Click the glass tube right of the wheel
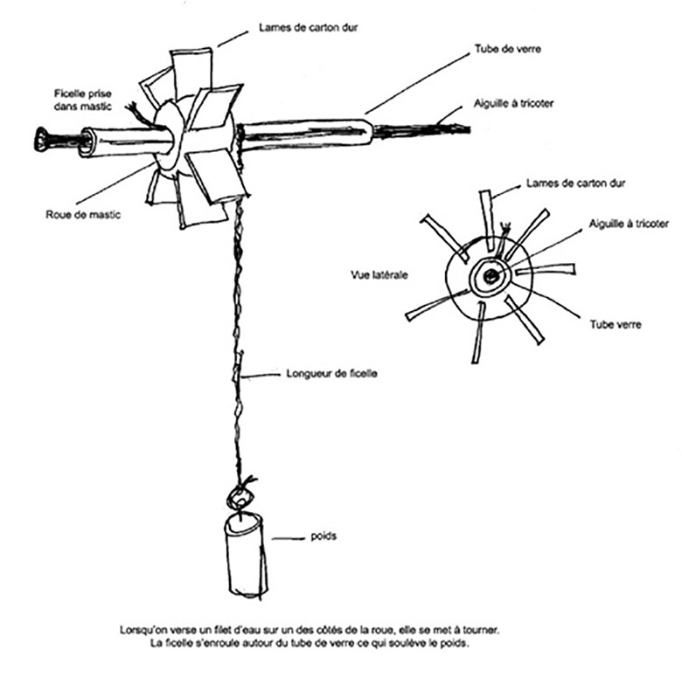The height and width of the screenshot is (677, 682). click(306, 133)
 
